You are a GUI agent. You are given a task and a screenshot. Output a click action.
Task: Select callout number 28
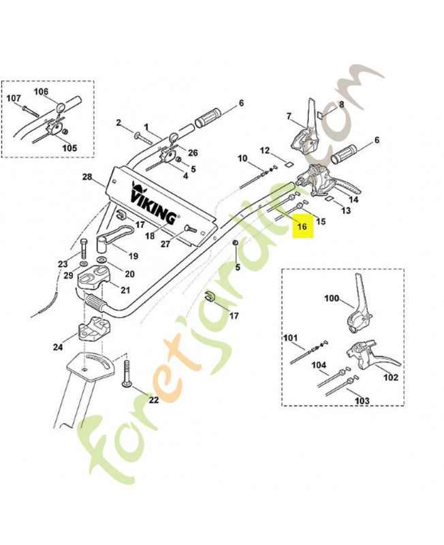click(x=86, y=177)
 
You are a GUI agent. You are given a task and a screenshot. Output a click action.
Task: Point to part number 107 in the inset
click(x=14, y=99)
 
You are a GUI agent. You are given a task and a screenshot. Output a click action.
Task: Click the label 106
click(x=41, y=91)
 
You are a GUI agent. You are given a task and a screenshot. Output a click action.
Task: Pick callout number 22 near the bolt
click(x=153, y=399)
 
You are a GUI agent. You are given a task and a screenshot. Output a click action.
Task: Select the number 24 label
click(x=58, y=347)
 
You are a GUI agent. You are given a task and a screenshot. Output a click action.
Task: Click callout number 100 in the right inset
click(x=331, y=298)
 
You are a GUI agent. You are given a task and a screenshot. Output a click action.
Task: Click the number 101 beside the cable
click(x=291, y=337)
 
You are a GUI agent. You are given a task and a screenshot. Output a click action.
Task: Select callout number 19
click(x=133, y=257)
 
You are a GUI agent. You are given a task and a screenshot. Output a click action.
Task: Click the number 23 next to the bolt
click(x=63, y=264)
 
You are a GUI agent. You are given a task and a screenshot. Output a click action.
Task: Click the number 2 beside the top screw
click(x=118, y=123)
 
